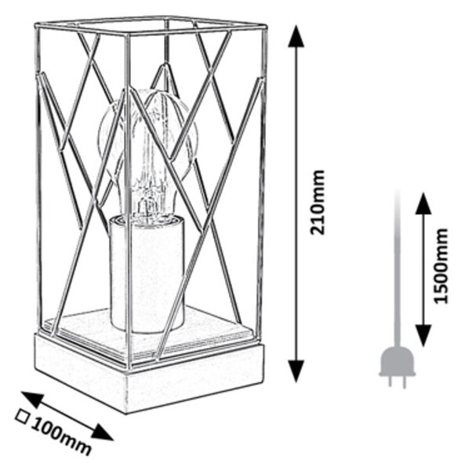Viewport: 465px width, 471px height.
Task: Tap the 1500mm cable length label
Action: coord(441,266)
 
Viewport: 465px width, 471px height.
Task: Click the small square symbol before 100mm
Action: coord(23,417)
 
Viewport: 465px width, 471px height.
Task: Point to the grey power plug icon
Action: coord(398,367)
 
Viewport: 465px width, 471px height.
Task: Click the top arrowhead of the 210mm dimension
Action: coord(296,36)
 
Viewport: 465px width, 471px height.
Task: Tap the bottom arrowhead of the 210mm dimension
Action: coord(296,371)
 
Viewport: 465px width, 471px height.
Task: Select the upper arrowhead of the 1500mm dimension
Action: coord(423,203)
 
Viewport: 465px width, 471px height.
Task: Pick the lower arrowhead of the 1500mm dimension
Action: coord(423,335)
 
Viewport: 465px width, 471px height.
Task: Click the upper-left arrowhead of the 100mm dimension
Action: coord(31,400)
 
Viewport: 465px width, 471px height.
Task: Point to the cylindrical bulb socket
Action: coord(147,275)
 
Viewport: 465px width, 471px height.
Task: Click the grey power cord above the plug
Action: coord(398,268)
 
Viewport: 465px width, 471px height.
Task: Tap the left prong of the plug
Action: coord(390,382)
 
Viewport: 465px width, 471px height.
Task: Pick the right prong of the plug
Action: coord(404,382)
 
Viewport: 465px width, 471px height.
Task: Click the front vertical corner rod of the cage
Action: coord(128,201)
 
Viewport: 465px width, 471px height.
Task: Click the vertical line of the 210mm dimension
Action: coord(296,203)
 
